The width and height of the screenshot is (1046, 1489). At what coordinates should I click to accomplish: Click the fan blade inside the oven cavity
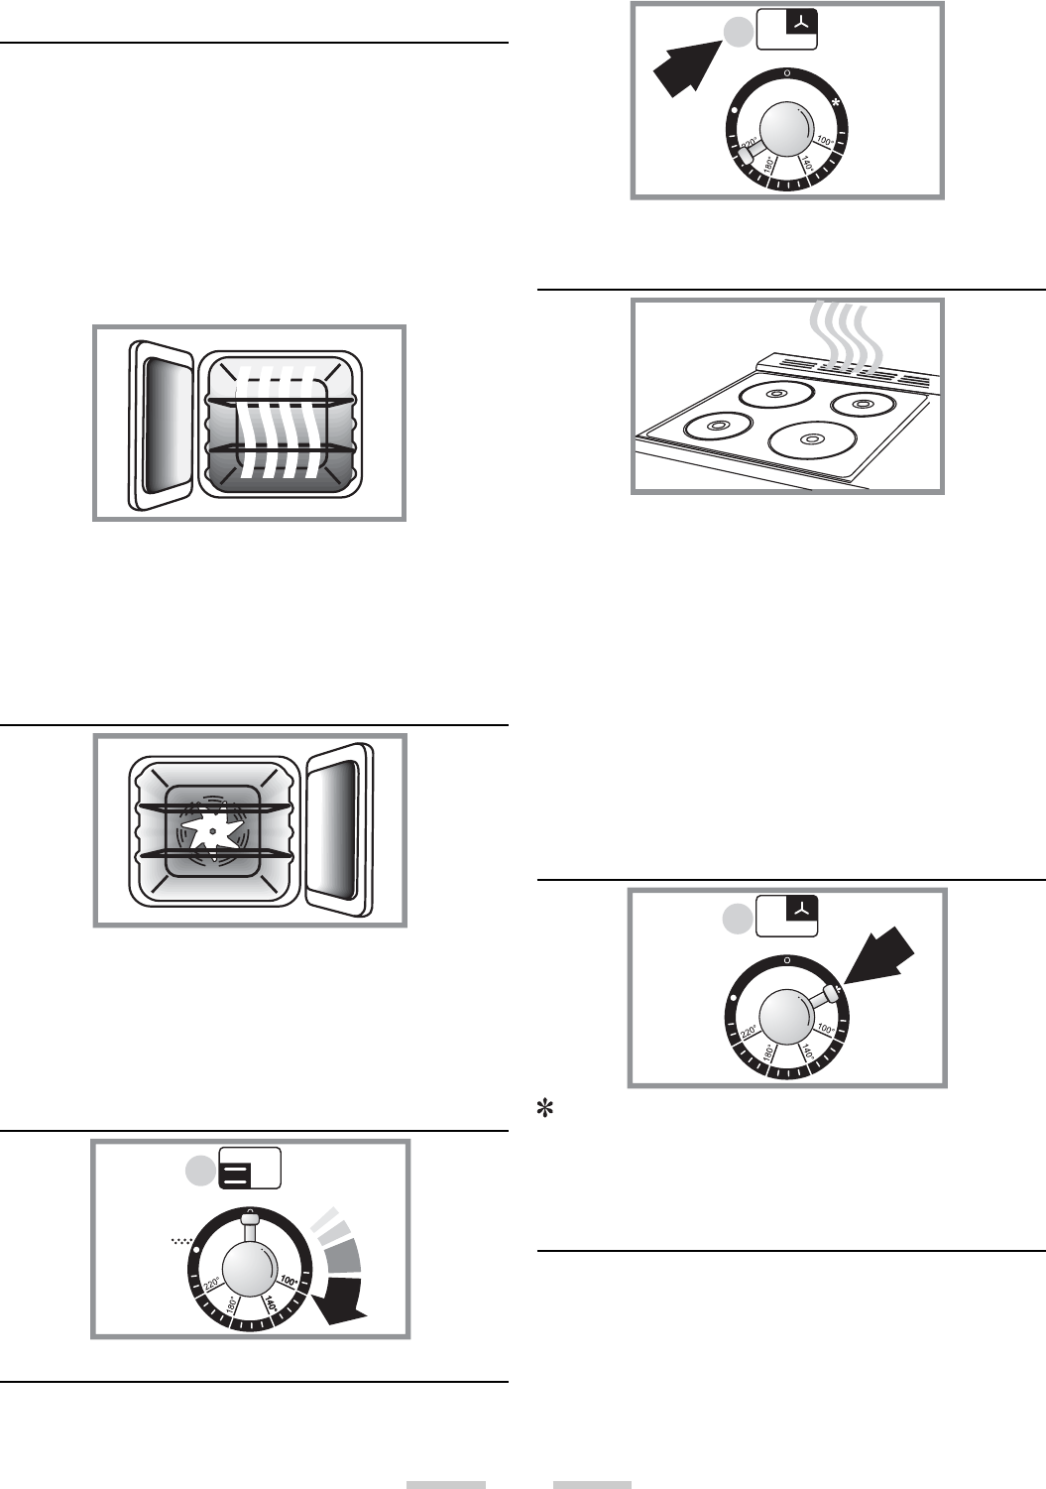[212, 830]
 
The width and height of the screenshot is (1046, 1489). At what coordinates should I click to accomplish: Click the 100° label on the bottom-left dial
[289, 1281]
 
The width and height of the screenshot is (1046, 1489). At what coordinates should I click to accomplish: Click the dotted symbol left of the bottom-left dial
[181, 1240]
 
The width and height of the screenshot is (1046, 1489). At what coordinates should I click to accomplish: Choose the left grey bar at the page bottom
[445, 1484]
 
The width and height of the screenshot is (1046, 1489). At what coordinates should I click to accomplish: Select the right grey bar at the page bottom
[592, 1484]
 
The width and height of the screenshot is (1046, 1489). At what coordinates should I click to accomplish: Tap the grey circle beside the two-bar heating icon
[200, 1172]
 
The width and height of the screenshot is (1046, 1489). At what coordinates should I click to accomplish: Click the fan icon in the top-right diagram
[801, 21]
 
